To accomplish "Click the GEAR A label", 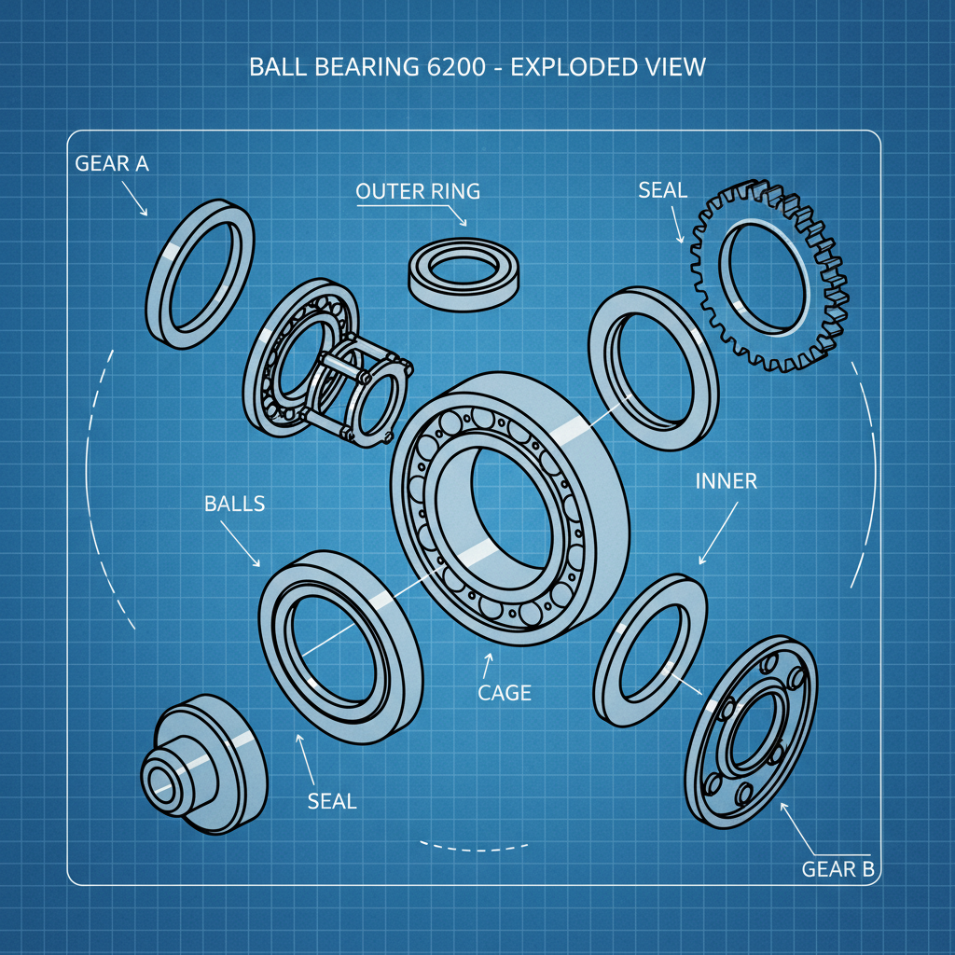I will coord(112,163).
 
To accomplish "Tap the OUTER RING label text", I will coord(418,191).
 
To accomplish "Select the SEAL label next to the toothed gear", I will coord(662,190).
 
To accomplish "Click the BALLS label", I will coord(234,504).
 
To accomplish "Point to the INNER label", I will coord(726,481).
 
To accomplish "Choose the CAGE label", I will coord(504,693).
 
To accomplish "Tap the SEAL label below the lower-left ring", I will coord(332,800).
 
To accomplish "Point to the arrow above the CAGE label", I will coord(487,666).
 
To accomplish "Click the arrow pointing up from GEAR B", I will coord(798,827).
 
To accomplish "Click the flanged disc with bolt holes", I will coord(751,732).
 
